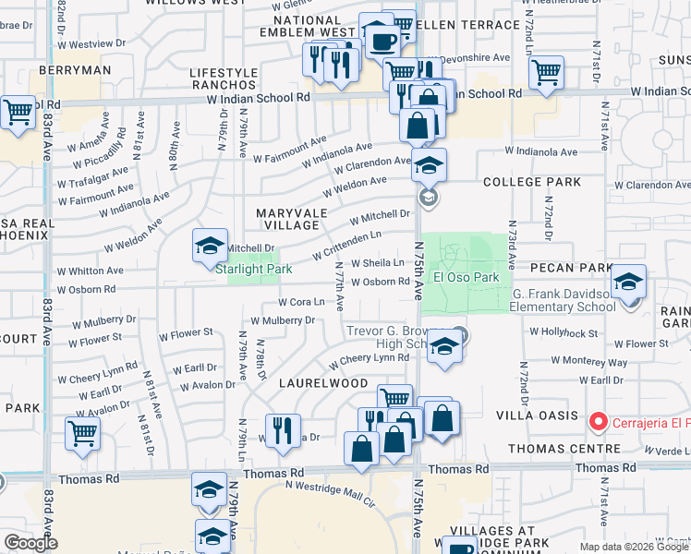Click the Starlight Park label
(253, 269)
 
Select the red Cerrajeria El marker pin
(598, 423)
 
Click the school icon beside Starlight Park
(210, 246)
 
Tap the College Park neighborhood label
(526, 182)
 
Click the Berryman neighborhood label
(76, 69)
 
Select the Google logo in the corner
(30, 543)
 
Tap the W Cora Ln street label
(301, 302)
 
